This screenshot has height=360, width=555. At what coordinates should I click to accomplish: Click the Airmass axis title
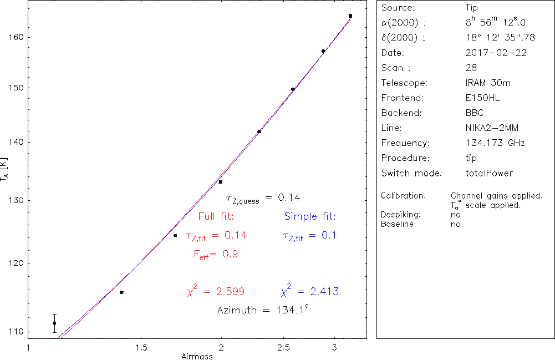coord(197,356)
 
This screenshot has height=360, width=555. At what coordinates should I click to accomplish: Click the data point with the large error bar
coord(54,323)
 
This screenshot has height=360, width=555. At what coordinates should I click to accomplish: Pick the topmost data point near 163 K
coord(350,16)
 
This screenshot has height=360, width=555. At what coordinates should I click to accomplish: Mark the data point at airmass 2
coord(221,181)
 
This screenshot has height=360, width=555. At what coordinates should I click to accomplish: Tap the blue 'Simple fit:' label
coord(310,216)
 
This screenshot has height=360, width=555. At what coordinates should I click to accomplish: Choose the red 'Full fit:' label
coord(216,216)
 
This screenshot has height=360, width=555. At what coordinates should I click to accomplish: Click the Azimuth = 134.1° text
coord(262,310)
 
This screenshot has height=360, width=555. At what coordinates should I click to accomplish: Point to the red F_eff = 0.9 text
coord(216,255)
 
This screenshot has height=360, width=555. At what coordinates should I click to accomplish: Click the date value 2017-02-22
coord(496,53)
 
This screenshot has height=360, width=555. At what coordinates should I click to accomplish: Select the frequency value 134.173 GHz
coord(495,143)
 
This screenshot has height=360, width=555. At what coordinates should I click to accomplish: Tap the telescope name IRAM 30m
coord(488,83)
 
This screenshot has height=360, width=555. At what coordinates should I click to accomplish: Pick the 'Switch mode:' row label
coord(411,173)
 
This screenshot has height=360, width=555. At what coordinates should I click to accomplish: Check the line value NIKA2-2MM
coord(492,128)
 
